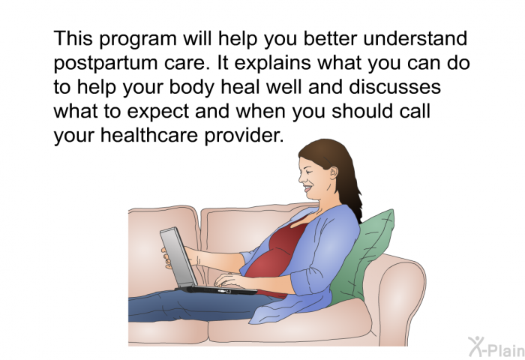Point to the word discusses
[394, 87]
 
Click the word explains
[272, 64]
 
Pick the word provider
[244, 135]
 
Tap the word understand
[415, 38]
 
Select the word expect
[158, 112]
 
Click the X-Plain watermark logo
[496, 346]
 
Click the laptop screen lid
[177, 257]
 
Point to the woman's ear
[334, 173]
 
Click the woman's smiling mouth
[307, 189]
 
